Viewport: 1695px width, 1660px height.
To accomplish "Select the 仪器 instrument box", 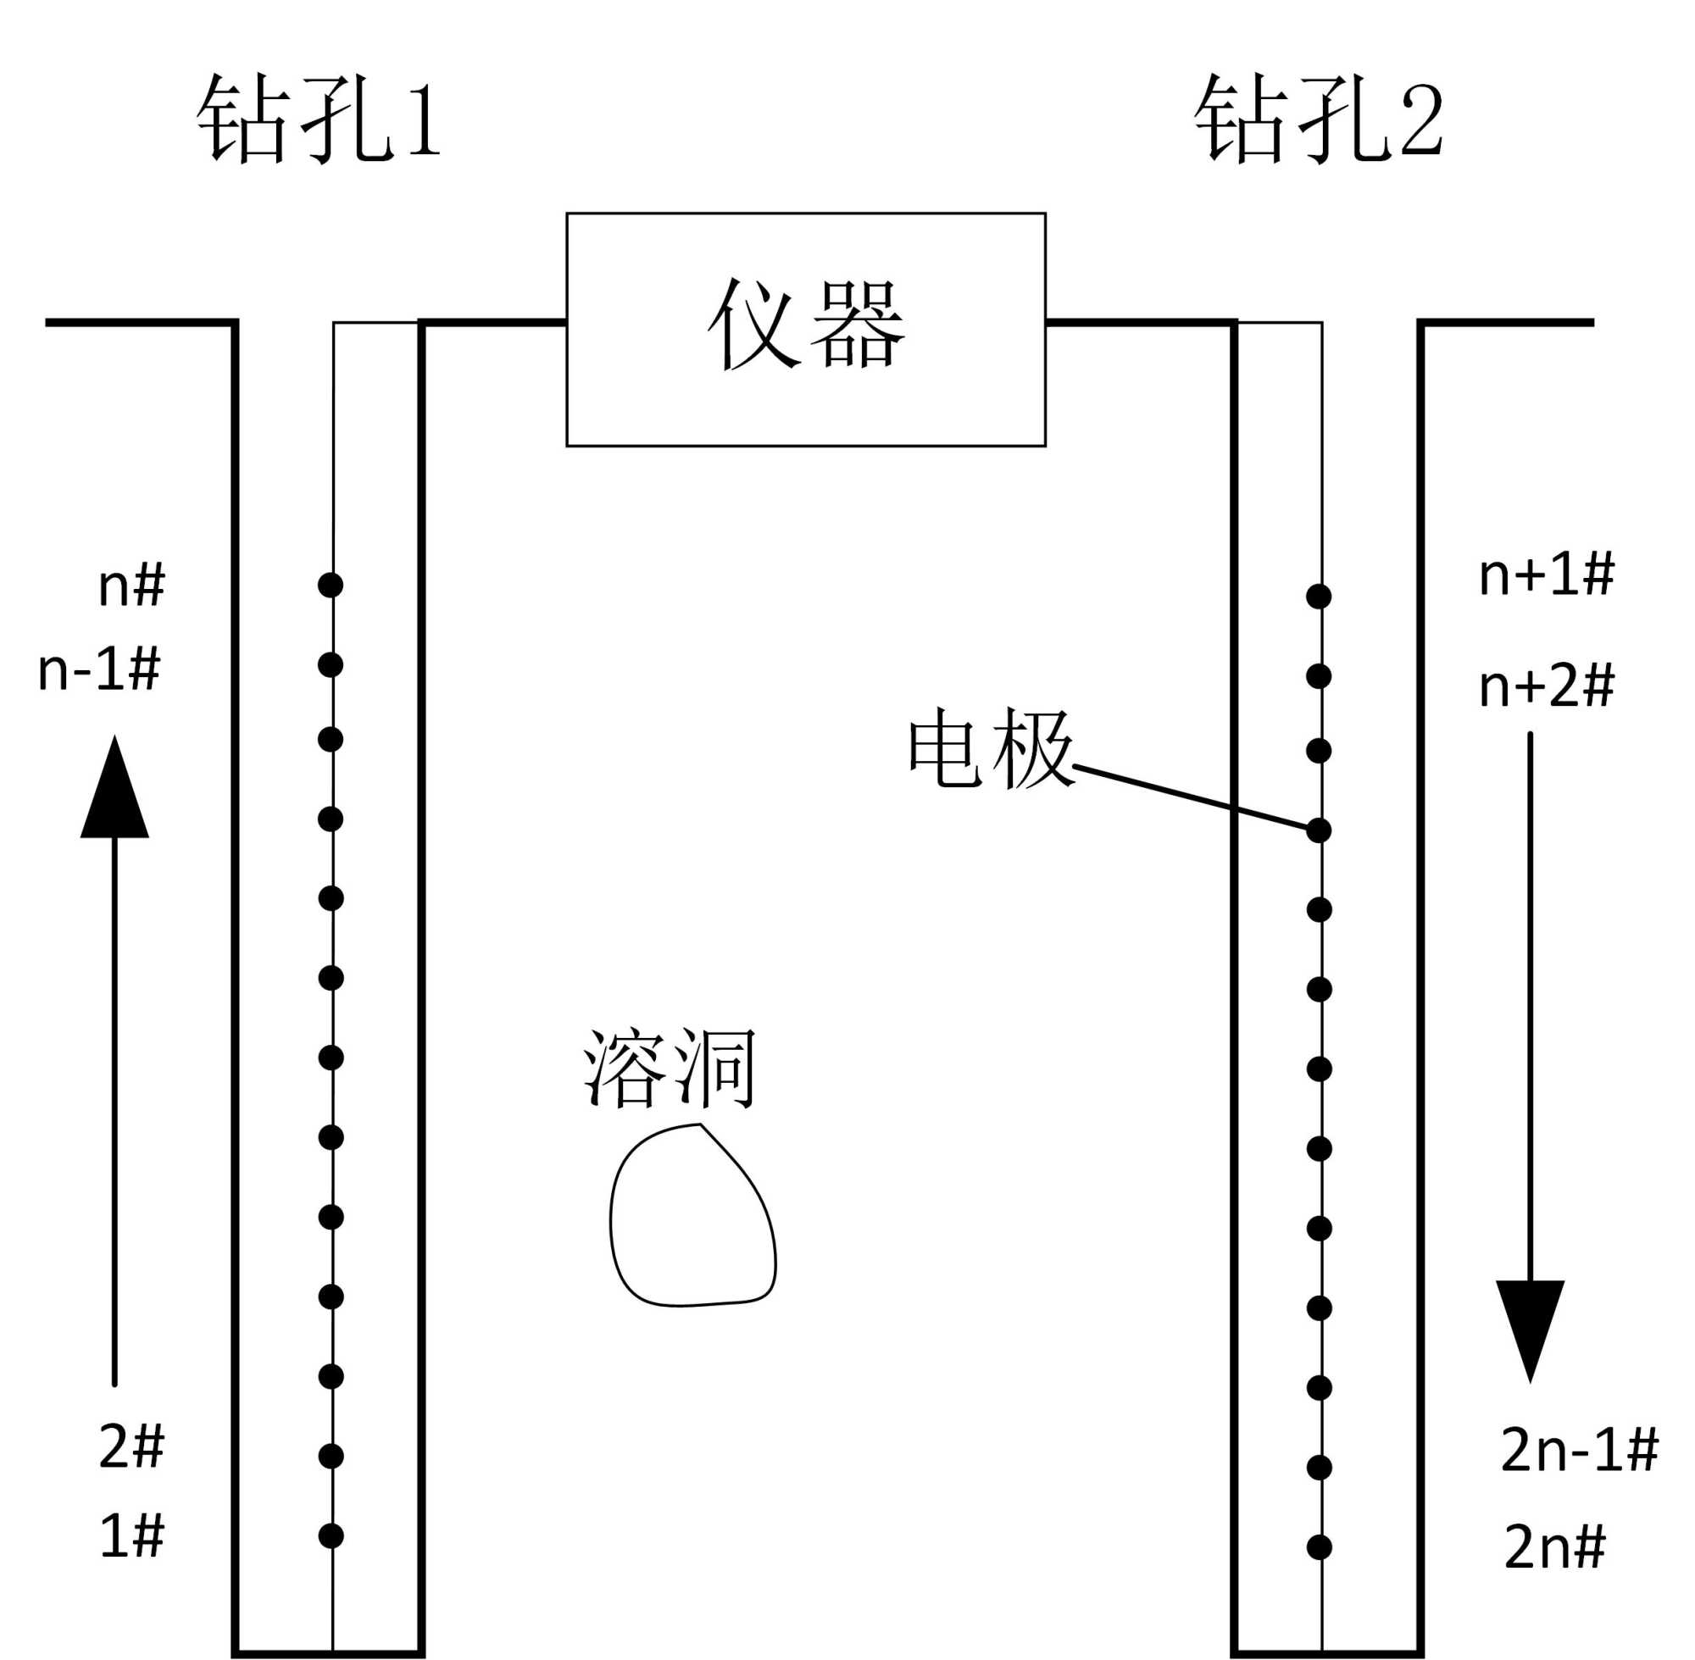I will tap(806, 330).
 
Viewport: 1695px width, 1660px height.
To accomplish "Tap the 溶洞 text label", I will tap(670, 1069).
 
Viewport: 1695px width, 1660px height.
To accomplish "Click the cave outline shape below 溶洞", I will tap(692, 1217).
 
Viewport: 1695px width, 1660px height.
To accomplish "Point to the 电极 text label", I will tap(991, 748).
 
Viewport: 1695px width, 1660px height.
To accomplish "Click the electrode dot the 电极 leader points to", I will tap(1319, 831).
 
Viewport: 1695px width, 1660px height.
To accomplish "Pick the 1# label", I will tap(131, 1535).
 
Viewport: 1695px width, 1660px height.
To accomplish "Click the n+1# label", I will tap(1546, 575).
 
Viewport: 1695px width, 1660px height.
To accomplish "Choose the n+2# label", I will tap(1546, 686).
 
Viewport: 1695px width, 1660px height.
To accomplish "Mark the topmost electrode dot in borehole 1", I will tap(331, 585).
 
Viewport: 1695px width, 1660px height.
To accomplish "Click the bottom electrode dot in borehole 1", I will tap(331, 1535).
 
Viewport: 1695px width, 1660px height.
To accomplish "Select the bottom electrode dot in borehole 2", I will tap(1320, 1547).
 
